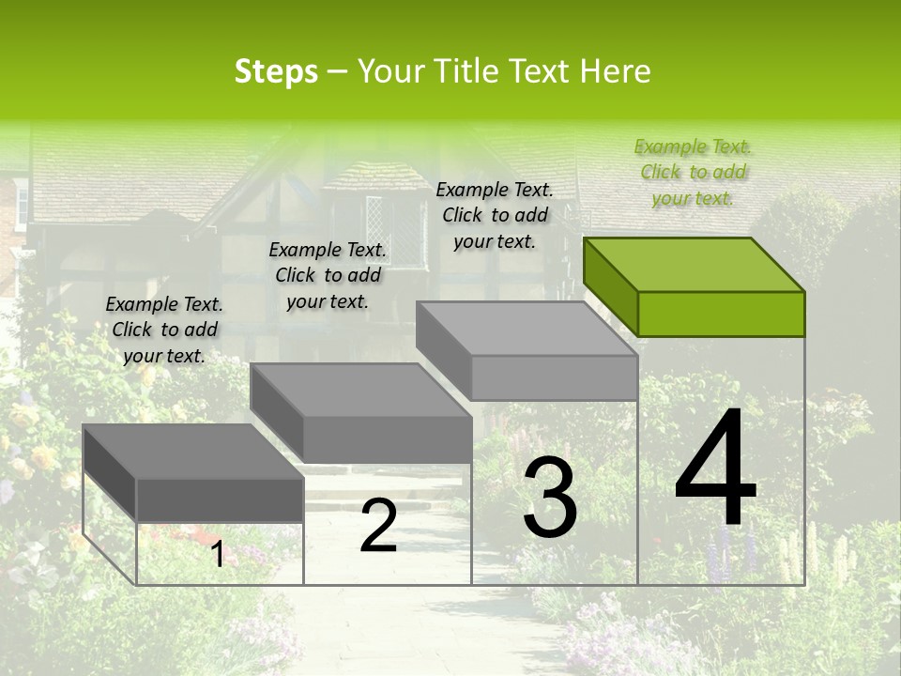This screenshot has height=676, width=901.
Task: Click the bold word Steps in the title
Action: (x=276, y=71)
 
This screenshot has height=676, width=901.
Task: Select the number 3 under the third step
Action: (x=550, y=497)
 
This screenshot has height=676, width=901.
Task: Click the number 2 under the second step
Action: (x=378, y=526)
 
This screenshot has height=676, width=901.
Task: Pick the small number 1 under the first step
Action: (x=217, y=554)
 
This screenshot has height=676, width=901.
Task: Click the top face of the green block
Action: (x=695, y=264)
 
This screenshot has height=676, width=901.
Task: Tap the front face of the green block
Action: (x=721, y=314)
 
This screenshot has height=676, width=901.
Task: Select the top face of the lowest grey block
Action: (x=193, y=452)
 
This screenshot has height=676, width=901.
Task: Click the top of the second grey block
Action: (x=360, y=391)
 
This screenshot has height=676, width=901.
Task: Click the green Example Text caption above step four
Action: (x=693, y=172)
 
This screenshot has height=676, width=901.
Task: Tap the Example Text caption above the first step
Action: (x=164, y=330)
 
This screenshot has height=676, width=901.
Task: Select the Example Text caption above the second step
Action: (x=328, y=275)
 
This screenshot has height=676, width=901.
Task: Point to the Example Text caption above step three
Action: (x=495, y=215)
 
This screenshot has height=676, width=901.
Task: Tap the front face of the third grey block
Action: (x=554, y=377)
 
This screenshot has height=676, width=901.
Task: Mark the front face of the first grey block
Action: (x=220, y=499)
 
